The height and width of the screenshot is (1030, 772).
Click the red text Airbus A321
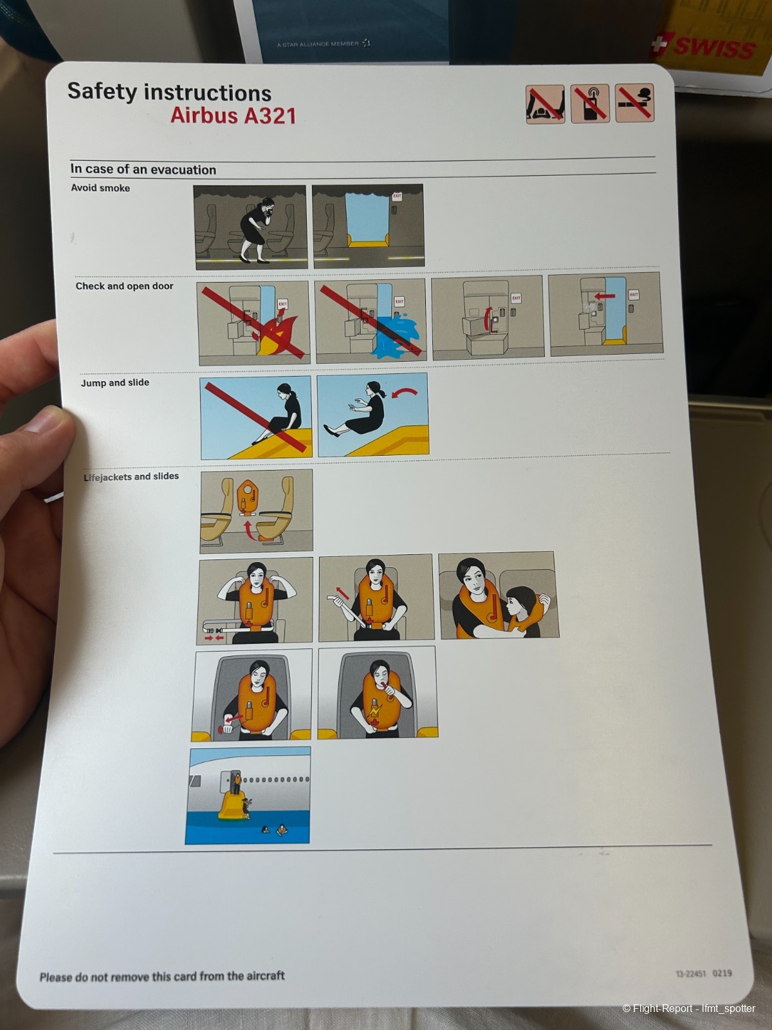233,115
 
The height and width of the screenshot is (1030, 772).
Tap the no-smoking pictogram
634,103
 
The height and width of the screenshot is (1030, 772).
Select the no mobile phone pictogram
590,103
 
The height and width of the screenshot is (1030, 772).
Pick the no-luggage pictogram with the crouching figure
545,104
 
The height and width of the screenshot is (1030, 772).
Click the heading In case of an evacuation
143,169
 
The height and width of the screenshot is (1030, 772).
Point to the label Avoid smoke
100,188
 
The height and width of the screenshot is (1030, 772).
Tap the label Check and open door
125,286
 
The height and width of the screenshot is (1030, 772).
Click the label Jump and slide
115,382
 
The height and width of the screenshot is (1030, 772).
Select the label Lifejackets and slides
131,477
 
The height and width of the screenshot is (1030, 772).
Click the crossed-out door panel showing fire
253,323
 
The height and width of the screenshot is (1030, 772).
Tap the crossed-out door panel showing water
371,321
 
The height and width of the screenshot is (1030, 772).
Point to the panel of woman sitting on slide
256,417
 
